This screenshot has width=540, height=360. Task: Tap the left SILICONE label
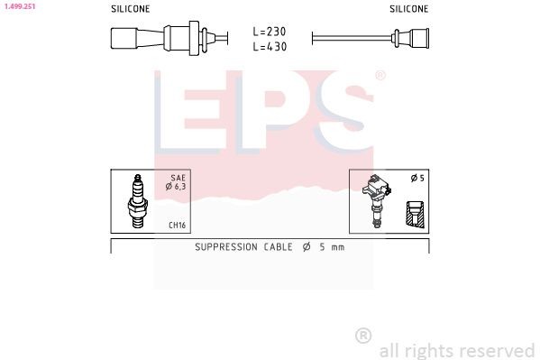[x=130, y=8]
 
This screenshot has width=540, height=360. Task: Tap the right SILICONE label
[x=409, y=8]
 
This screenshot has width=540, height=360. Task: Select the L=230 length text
[x=270, y=32]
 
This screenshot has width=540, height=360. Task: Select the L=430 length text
[x=270, y=46]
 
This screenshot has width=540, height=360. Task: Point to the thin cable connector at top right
[x=410, y=38]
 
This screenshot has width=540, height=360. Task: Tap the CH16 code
[x=177, y=226]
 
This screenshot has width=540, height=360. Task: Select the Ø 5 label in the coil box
[x=416, y=179]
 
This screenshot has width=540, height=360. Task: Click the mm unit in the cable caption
[x=337, y=246]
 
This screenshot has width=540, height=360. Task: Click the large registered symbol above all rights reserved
[x=363, y=336]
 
